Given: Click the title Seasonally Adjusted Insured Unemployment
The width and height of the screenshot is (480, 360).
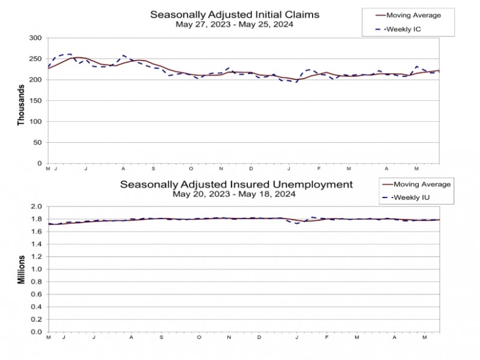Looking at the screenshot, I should (x=236, y=184).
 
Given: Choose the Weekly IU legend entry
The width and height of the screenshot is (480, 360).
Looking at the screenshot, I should (x=410, y=197).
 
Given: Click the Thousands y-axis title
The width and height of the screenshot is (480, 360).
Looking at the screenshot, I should (x=21, y=104).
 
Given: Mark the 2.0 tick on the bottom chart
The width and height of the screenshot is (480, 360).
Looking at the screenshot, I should (x=36, y=206).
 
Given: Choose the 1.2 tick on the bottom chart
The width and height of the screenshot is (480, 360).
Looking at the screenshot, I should (x=36, y=257).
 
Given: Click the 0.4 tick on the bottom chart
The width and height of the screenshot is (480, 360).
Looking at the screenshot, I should (x=36, y=307).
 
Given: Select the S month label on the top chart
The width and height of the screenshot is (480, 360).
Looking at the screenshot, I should (x=153, y=170).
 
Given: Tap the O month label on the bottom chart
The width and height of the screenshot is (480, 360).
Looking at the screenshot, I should (x=199, y=338).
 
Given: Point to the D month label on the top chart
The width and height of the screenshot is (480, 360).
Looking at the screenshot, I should (x=251, y=170).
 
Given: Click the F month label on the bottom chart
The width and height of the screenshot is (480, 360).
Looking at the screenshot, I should (x=328, y=338).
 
